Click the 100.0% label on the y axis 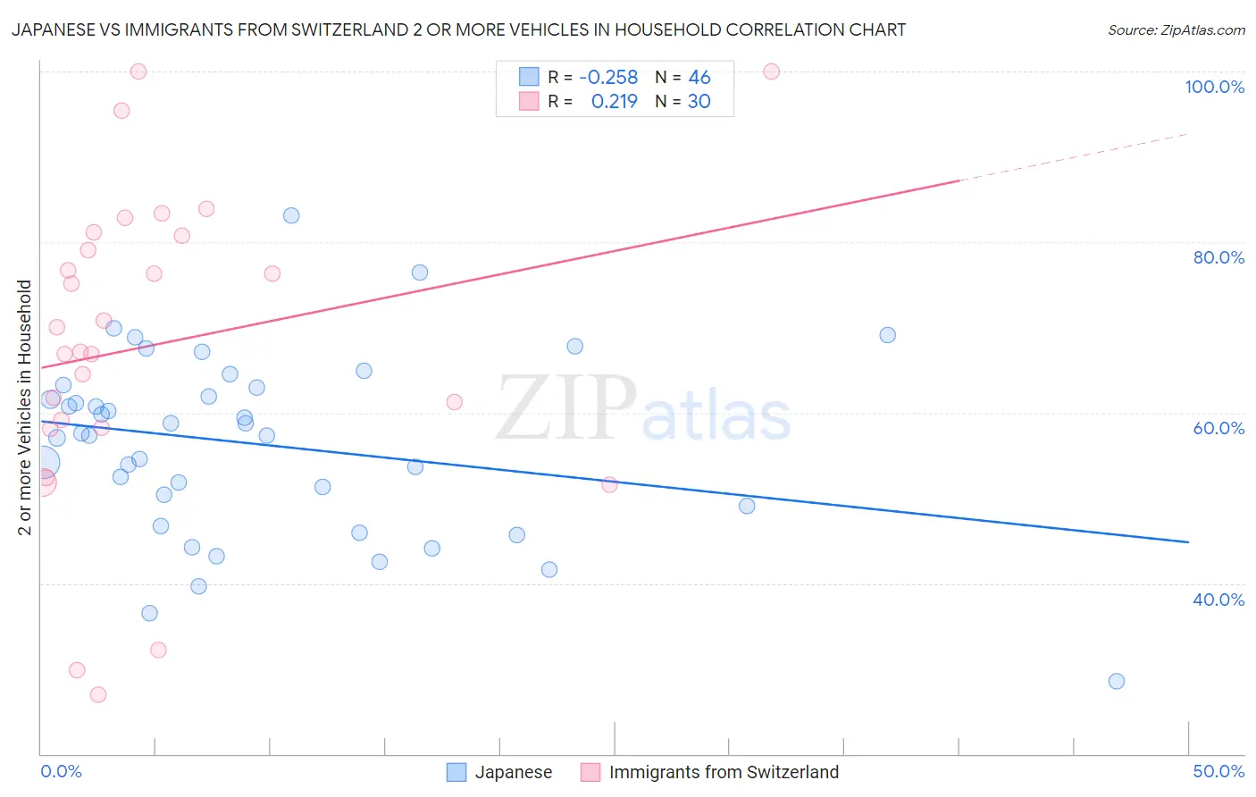(1214, 87)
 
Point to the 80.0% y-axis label (1218, 257)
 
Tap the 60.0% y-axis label (1218, 428)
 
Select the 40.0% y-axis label (1218, 599)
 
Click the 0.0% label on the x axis (61, 771)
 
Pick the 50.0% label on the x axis (1218, 771)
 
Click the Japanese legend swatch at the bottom (456, 772)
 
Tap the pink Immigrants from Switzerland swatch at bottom (590, 772)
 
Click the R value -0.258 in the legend (608, 77)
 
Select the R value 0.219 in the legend (614, 101)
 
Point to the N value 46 (699, 77)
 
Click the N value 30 (699, 101)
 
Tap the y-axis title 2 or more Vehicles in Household (25, 407)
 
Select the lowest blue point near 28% (1116, 681)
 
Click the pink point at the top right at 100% (771, 71)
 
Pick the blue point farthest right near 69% (887, 335)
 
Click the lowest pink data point (98, 694)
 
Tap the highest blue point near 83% (291, 215)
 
